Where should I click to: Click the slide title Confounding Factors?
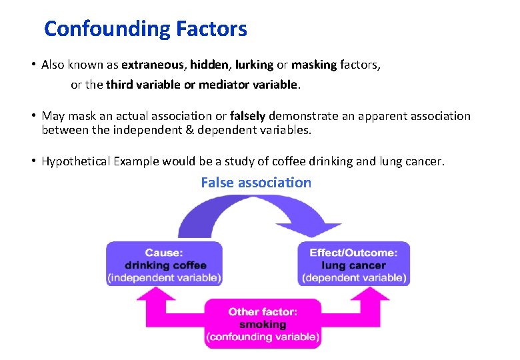tap(145, 29)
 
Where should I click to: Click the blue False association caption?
tap(256, 183)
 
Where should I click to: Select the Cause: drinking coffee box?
tap(165, 265)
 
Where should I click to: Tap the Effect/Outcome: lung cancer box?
tap(354, 265)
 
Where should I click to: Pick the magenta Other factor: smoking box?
tap(263, 324)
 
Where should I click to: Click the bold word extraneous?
tap(153, 65)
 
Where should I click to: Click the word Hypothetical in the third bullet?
tap(75, 161)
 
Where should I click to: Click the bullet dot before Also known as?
tap(32, 65)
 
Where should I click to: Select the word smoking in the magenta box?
tap(263, 325)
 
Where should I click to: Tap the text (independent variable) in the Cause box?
tap(165, 277)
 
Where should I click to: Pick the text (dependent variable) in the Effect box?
tap(354, 277)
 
